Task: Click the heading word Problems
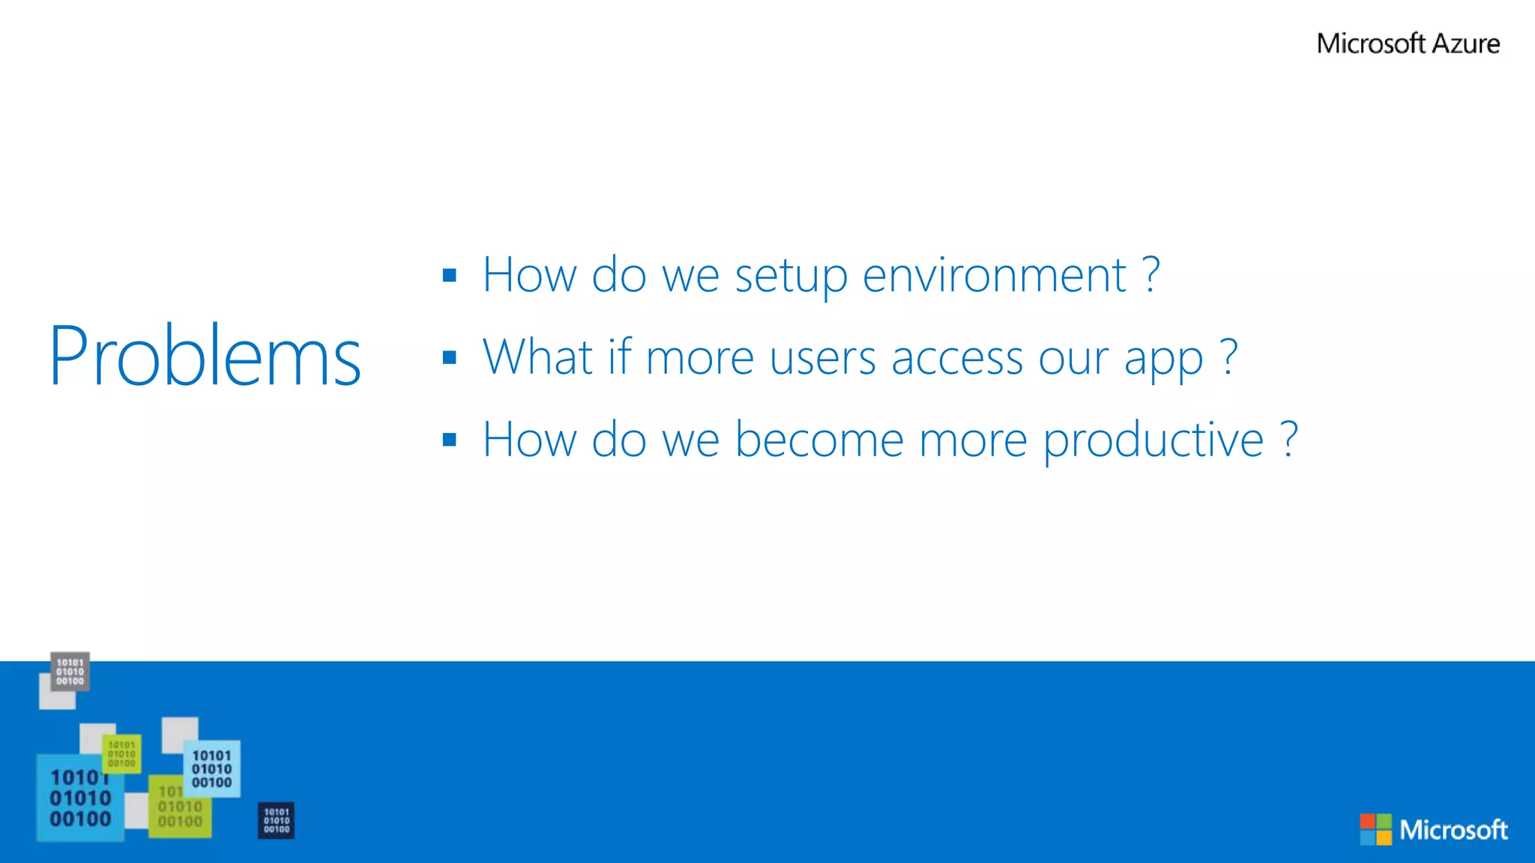[x=205, y=356]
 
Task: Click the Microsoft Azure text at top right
[x=1408, y=43]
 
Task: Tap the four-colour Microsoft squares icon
[x=1375, y=829]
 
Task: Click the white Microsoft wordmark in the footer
[x=1453, y=830]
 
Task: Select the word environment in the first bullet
[x=994, y=275]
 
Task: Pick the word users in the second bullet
[x=822, y=358]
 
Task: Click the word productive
[x=1153, y=440]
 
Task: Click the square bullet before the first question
[x=450, y=275]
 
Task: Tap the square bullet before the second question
[x=450, y=357]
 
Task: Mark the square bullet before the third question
[x=450, y=440]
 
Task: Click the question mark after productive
[x=1289, y=439]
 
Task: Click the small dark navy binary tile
[x=276, y=820]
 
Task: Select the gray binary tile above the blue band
[x=70, y=671]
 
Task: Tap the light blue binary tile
[x=212, y=769]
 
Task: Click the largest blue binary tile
[x=79, y=799]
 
